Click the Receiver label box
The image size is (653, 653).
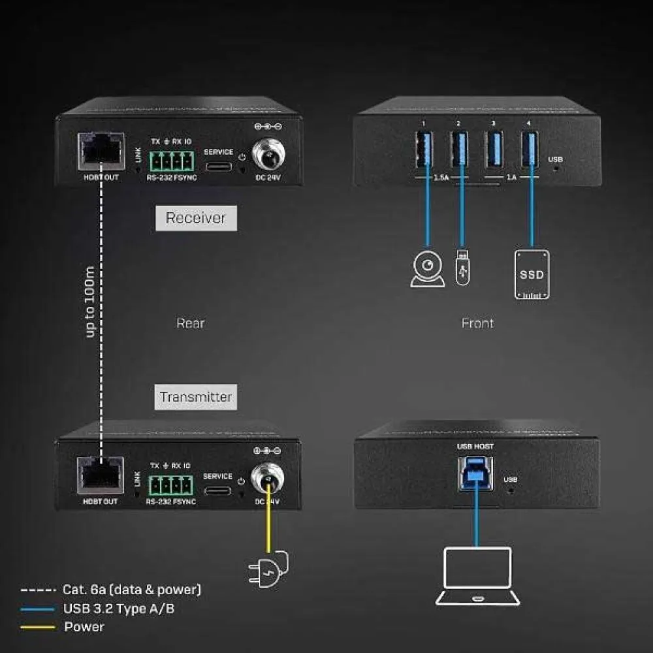pyautogui.click(x=196, y=218)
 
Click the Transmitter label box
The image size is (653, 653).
pyautogui.click(x=196, y=396)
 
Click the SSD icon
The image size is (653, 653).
pyautogui.click(x=532, y=274)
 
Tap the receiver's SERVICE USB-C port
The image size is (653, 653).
pyautogui.click(x=219, y=165)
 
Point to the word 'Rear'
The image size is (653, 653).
pyautogui.click(x=190, y=323)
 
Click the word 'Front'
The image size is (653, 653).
pyautogui.click(x=477, y=323)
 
